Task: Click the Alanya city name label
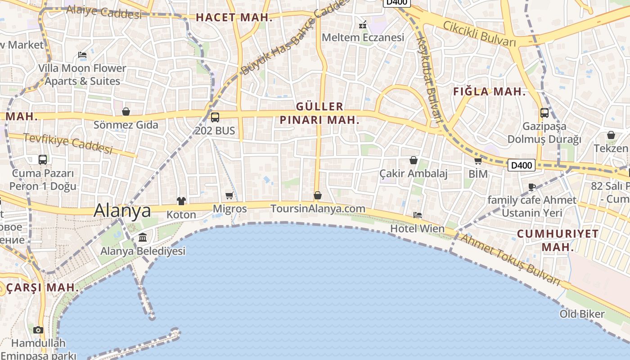coord(122,211)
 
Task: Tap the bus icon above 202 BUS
coord(215,117)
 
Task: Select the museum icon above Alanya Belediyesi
coord(143,237)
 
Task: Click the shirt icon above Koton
coord(181,201)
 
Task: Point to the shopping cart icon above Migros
coord(229,195)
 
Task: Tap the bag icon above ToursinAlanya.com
coord(318,195)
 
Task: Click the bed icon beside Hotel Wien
coord(418,215)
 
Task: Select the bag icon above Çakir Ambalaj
coord(414,160)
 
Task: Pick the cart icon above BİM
coord(478,161)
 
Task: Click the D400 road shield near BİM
coord(522,165)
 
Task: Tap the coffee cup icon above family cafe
coord(532,187)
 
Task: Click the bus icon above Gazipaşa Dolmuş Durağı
coord(544,113)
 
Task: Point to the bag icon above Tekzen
coord(611,135)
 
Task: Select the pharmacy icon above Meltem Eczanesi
coord(363,24)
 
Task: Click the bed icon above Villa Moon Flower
coord(82,55)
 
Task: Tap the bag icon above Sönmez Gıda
coord(126,112)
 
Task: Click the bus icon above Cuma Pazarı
coord(43,160)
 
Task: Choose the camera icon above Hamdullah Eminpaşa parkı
coord(38,330)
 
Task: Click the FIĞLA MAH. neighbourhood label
coord(489,92)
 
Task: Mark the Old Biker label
coord(582,314)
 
